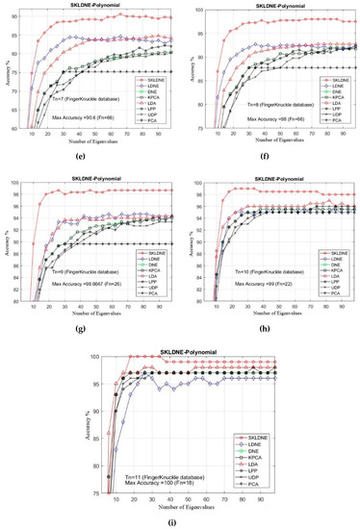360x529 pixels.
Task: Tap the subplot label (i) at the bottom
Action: pyautogui.click(x=181, y=518)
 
